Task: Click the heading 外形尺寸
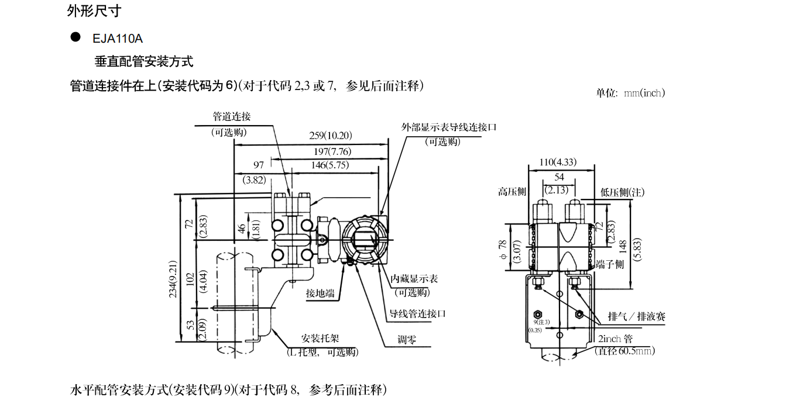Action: click(x=95, y=11)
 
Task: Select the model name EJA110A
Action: click(x=118, y=39)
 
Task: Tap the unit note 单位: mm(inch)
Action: click(x=630, y=93)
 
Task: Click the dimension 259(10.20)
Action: click(x=331, y=136)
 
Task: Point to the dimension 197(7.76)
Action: click(x=331, y=151)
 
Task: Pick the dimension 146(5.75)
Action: click(x=330, y=165)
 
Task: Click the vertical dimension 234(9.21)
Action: click(x=174, y=280)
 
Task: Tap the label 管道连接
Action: click(x=231, y=117)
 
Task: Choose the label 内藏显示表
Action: click(x=414, y=279)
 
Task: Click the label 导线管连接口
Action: click(x=418, y=313)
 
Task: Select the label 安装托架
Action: click(x=320, y=339)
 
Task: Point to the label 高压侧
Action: click(x=513, y=192)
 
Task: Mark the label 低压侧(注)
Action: click(x=623, y=192)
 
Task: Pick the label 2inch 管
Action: click(x=615, y=339)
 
